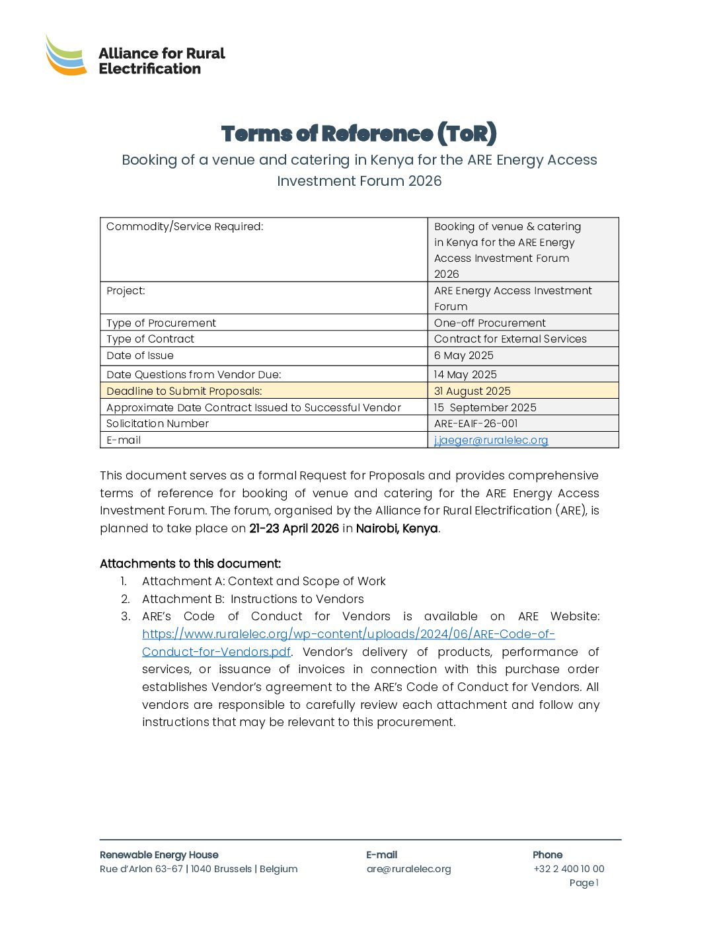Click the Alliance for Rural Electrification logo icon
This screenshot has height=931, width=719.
pos(65,56)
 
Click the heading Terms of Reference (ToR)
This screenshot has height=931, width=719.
pos(359,134)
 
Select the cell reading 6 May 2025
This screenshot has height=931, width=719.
pos(464,356)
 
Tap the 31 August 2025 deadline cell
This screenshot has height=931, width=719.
pos(473,391)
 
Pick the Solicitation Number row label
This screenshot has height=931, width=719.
pos(157,424)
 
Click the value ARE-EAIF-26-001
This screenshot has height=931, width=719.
pos(476,424)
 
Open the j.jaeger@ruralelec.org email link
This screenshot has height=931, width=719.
pos(491,440)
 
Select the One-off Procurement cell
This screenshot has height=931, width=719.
pos(490,323)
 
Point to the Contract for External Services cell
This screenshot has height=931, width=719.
pos(510,339)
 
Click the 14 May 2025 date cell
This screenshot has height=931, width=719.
pos(465,375)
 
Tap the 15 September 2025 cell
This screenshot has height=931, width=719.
pos(485,408)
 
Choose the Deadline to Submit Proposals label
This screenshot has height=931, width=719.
pos(184,391)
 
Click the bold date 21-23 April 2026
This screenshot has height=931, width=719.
pos(294,528)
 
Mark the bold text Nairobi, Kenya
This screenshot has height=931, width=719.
pos(397,528)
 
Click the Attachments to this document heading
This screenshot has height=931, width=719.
pos(190,564)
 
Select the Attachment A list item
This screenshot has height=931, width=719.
pos(264,581)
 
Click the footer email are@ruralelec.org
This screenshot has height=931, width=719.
pos(408,869)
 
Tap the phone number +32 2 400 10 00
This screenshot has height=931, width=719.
pos(568,869)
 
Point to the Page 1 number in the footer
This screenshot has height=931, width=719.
pos(584,883)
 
